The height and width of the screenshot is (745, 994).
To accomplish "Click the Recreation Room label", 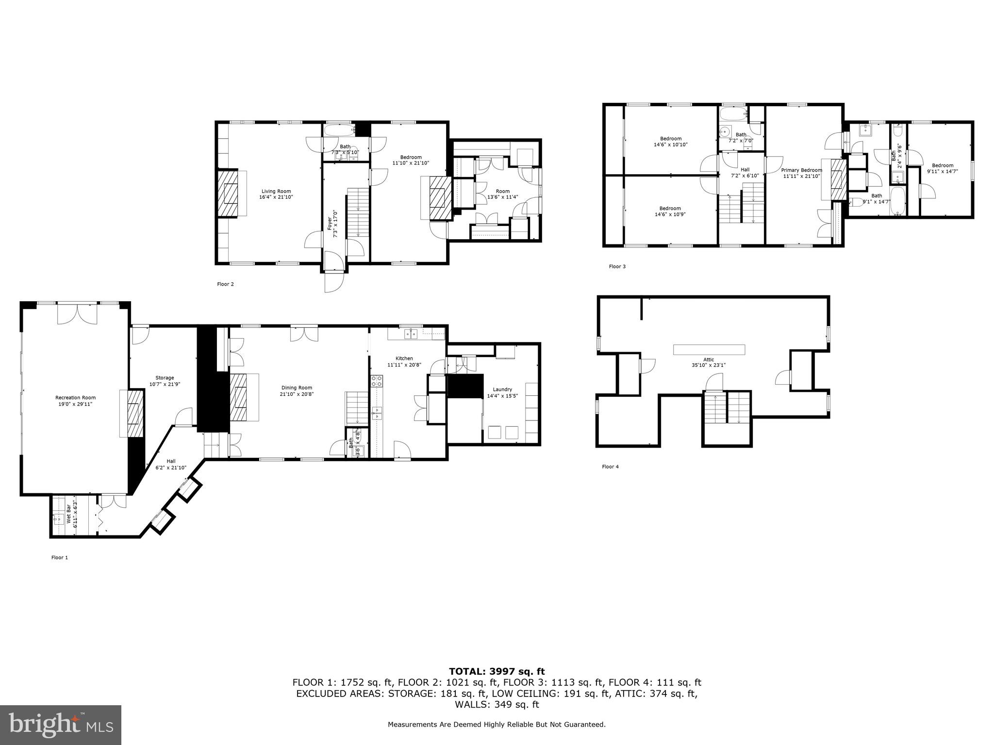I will click(x=75, y=398).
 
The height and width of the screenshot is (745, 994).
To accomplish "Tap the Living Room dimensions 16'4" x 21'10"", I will click(x=277, y=197).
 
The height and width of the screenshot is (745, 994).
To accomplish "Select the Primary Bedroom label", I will click(x=801, y=170).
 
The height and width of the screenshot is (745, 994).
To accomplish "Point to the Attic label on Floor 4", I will click(x=709, y=359).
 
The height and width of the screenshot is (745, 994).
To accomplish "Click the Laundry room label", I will click(x=502, y=389).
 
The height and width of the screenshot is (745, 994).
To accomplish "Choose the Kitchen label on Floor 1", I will click(x=404, y=358).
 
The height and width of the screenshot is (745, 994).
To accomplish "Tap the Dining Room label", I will click(x=297, y=388).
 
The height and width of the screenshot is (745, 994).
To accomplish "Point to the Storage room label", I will click(x=165, y=378).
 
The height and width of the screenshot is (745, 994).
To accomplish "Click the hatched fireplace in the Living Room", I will click(x=228, y=193).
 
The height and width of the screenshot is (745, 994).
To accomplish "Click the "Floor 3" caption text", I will click(x=617, y=266).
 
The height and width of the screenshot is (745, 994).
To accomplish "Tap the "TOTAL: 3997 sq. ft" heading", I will click(x=497, y=672).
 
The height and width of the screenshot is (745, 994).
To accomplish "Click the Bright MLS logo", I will click(x=61, y=725).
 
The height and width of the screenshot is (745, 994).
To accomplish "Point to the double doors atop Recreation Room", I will click(x=77, y=314).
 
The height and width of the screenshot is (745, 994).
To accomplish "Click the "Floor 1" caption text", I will click(x=60, y=558).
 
